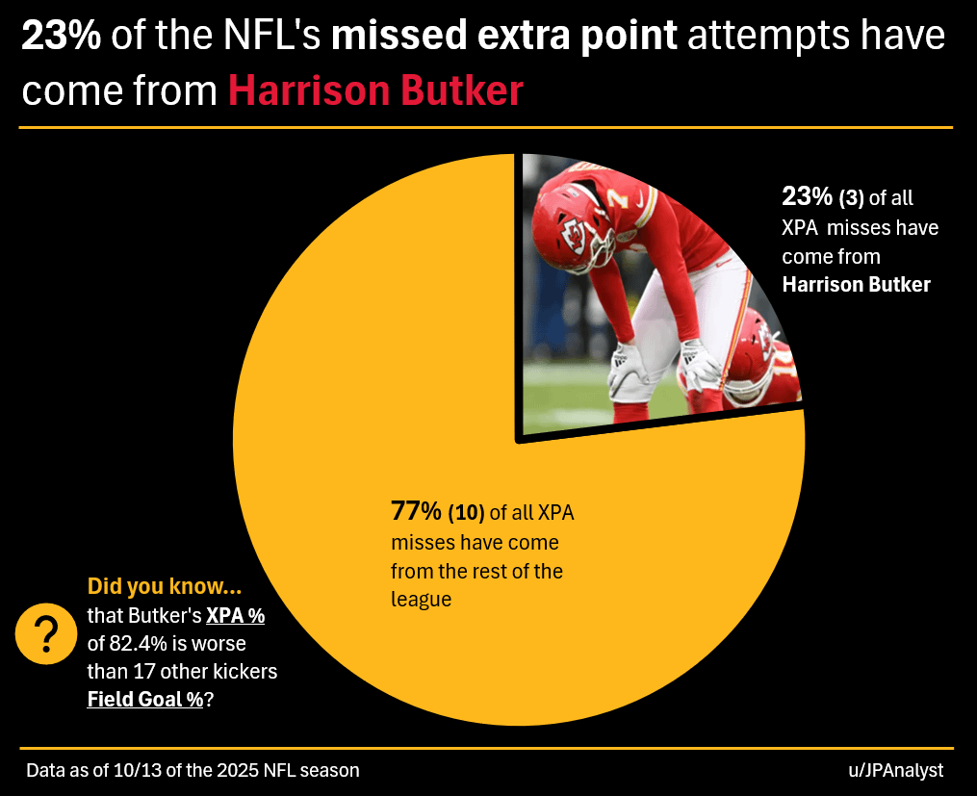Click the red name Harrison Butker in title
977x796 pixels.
(x=375, y=90)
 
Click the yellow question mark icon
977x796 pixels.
(x=45, y=636)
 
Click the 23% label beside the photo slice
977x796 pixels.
(x=807, y=198)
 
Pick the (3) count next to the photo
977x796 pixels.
(x=851, y=199)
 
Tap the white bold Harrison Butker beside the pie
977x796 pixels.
(x=856, y=285)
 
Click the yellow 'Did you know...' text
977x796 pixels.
(x=164, y=586)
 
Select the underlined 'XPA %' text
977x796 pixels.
(x=235, y=615)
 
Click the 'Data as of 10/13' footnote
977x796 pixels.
(x=193, y=771)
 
